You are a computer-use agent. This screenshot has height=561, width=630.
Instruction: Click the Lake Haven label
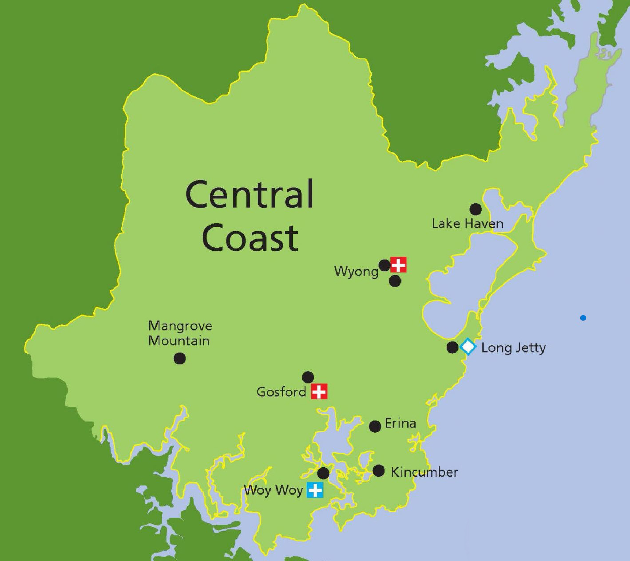467,224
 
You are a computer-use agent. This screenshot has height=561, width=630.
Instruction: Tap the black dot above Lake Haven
475,209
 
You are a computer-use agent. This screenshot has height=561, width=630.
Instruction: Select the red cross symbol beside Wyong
398,265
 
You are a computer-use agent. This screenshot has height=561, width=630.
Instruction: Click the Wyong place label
356,272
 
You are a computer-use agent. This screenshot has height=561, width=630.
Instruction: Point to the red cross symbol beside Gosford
319,392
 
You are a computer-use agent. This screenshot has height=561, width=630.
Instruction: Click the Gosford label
281,392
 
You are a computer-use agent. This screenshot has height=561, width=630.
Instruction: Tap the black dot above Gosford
308,377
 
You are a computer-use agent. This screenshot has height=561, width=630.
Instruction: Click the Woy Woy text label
274,490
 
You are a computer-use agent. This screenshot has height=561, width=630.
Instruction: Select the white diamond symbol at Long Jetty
468,347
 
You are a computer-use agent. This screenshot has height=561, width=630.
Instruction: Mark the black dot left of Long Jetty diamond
452,347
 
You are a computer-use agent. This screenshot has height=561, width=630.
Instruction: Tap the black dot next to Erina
375,426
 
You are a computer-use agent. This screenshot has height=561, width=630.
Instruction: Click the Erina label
401,424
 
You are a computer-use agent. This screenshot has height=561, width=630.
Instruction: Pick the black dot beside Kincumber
379,471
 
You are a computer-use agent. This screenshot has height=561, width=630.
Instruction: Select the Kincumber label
425,472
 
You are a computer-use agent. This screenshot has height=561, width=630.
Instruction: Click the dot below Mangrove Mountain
180,358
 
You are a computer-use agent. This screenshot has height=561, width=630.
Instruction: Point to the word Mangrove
180,326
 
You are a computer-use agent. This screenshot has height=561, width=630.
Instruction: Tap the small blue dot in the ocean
583,318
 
